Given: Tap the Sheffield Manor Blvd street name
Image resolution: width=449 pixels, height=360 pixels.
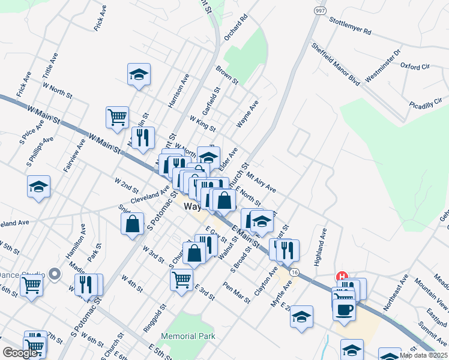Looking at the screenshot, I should coord(335,64).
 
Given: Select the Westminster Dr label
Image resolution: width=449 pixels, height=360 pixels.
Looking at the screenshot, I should coord(382,65).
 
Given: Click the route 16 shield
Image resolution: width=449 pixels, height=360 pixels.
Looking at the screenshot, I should coord(293,272).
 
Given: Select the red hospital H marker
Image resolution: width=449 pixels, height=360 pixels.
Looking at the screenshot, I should coord(342,277).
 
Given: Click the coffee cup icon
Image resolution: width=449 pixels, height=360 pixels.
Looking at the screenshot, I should coord(345,310).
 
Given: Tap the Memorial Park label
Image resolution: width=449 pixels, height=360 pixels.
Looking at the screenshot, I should coord(188,337).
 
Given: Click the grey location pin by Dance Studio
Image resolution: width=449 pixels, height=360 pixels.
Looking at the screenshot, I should coord(55,274).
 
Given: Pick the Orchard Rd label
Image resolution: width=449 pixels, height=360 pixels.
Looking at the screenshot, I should coord(235,29).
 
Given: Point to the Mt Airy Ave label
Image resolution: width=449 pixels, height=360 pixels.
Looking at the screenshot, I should coord(261,181).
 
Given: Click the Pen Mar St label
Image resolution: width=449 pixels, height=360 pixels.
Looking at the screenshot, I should coord(237,293).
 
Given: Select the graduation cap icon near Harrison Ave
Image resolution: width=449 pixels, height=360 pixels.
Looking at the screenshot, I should coord(139,74).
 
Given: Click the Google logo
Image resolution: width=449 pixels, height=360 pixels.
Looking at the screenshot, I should coord(20,353).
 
